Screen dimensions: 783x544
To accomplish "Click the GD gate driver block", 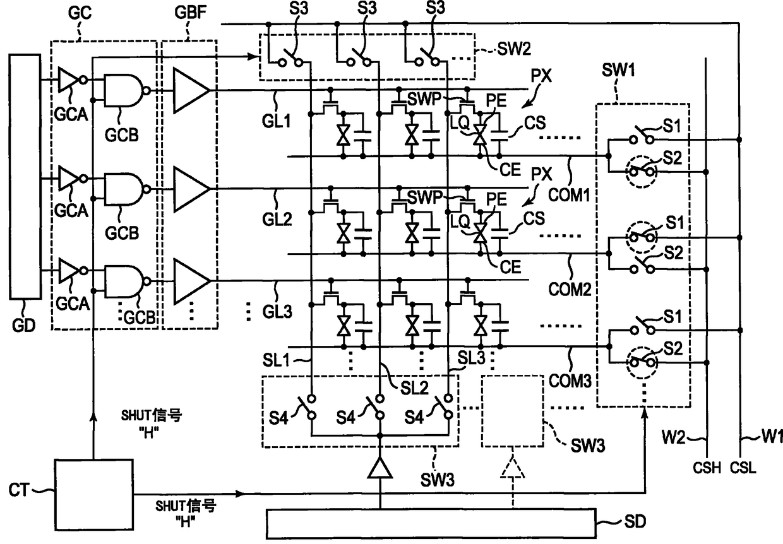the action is pyautogui.click(x=25, y=177).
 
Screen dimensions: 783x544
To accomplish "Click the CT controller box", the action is pyautogui.click(x=93, y=494).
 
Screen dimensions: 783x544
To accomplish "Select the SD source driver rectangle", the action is pyautogui.click(x=431, y=523).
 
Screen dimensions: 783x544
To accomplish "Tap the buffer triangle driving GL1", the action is pyautogui.click(x=191, y=90).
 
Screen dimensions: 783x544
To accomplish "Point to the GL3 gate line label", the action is pyautogui.click(x=277, y=311).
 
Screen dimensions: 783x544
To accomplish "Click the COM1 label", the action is pyautogui.click(x=569, y=194).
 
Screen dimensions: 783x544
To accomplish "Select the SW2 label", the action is pyautogui.click(x=514, y=49).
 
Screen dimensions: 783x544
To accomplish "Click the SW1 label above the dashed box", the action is pyautogui.click(x=618, y=70).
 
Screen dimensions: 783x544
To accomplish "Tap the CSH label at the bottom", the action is pyautogui.click(x=707, y=468).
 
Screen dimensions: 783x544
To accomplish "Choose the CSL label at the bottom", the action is pyautogui.click(x=743, y=468).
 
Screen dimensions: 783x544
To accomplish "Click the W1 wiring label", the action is pyautogui.click(x=772, y=436).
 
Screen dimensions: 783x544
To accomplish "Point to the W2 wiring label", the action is pyautogui.click(x=673, y=437).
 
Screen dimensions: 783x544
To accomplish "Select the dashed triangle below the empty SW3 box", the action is pyautogui.click(x=513, y=466).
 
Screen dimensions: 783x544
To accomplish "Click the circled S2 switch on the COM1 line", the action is pyautogui.click(x=641, y=172).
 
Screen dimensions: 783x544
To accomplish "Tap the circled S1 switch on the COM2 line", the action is pyautogui.click(x=642, y=237).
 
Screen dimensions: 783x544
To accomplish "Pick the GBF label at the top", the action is pyautogui.click(x=191, y=12).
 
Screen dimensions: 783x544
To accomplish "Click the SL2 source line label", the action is pyautogui.click(x=414, y=388).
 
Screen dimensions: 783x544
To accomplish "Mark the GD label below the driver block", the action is pyautogui.click(x=24, y=326).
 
